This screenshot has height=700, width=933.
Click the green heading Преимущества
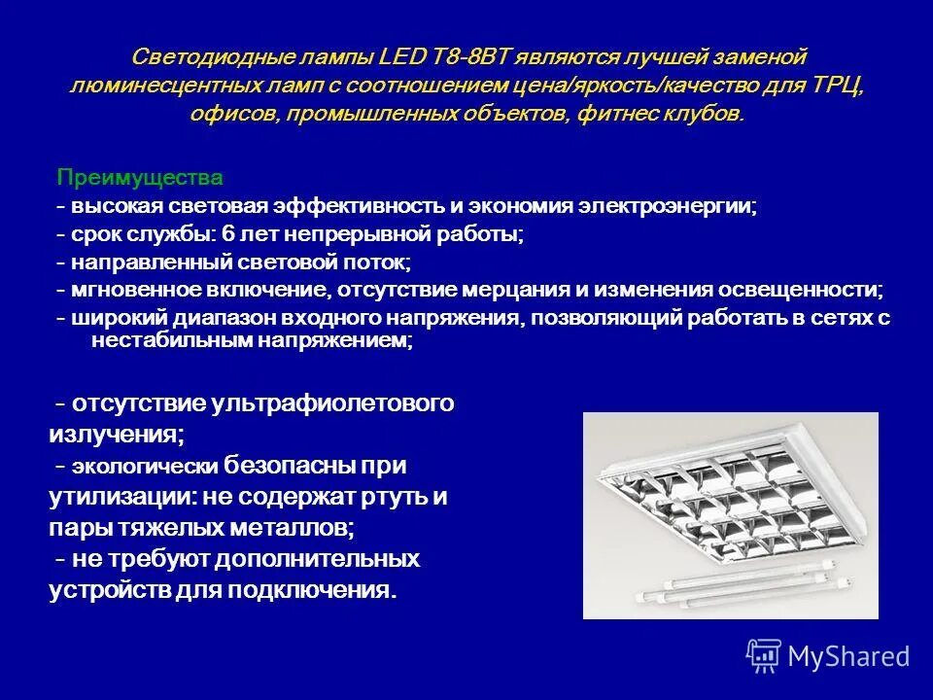click(139, 178)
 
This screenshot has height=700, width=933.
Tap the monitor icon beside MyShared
click(764, 655)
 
